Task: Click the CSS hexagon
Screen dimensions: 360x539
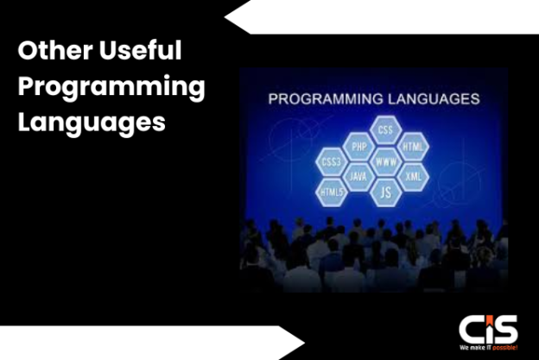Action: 385,130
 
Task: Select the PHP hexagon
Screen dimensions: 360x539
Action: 358,146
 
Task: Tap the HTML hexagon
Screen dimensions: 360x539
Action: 413,147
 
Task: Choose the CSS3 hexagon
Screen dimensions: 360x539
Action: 331,161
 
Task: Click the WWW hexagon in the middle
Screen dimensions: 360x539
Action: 385,161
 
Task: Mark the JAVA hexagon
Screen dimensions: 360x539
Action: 358,176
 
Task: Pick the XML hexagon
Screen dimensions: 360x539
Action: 413,176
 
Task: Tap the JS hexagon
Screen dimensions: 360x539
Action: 385,192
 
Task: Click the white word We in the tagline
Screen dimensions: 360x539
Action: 464,348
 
